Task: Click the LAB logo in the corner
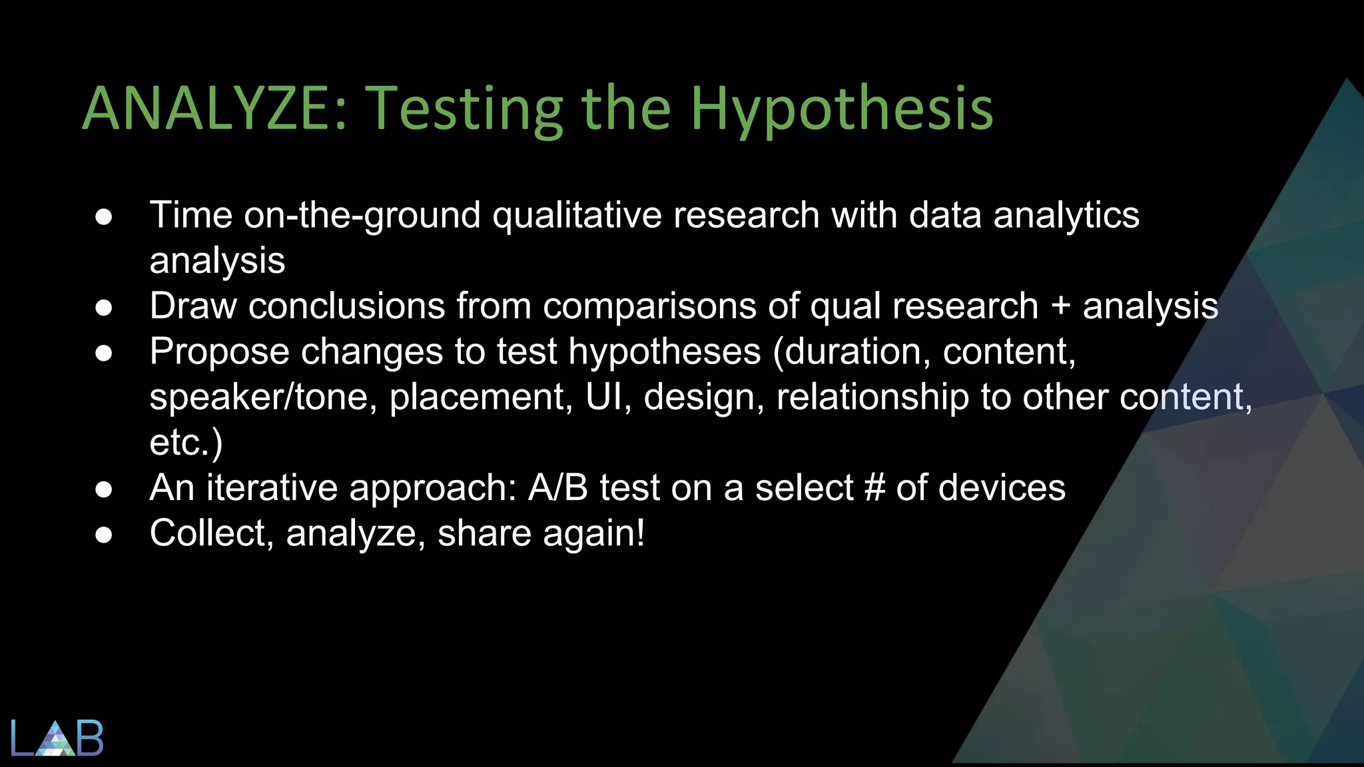pos(57,738)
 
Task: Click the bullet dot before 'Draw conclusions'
pos(103,308)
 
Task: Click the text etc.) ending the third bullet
pos(186,443)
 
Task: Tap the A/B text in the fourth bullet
pos(558,488)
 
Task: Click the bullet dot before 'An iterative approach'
pos(103,489)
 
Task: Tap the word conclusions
pos(346,308)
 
